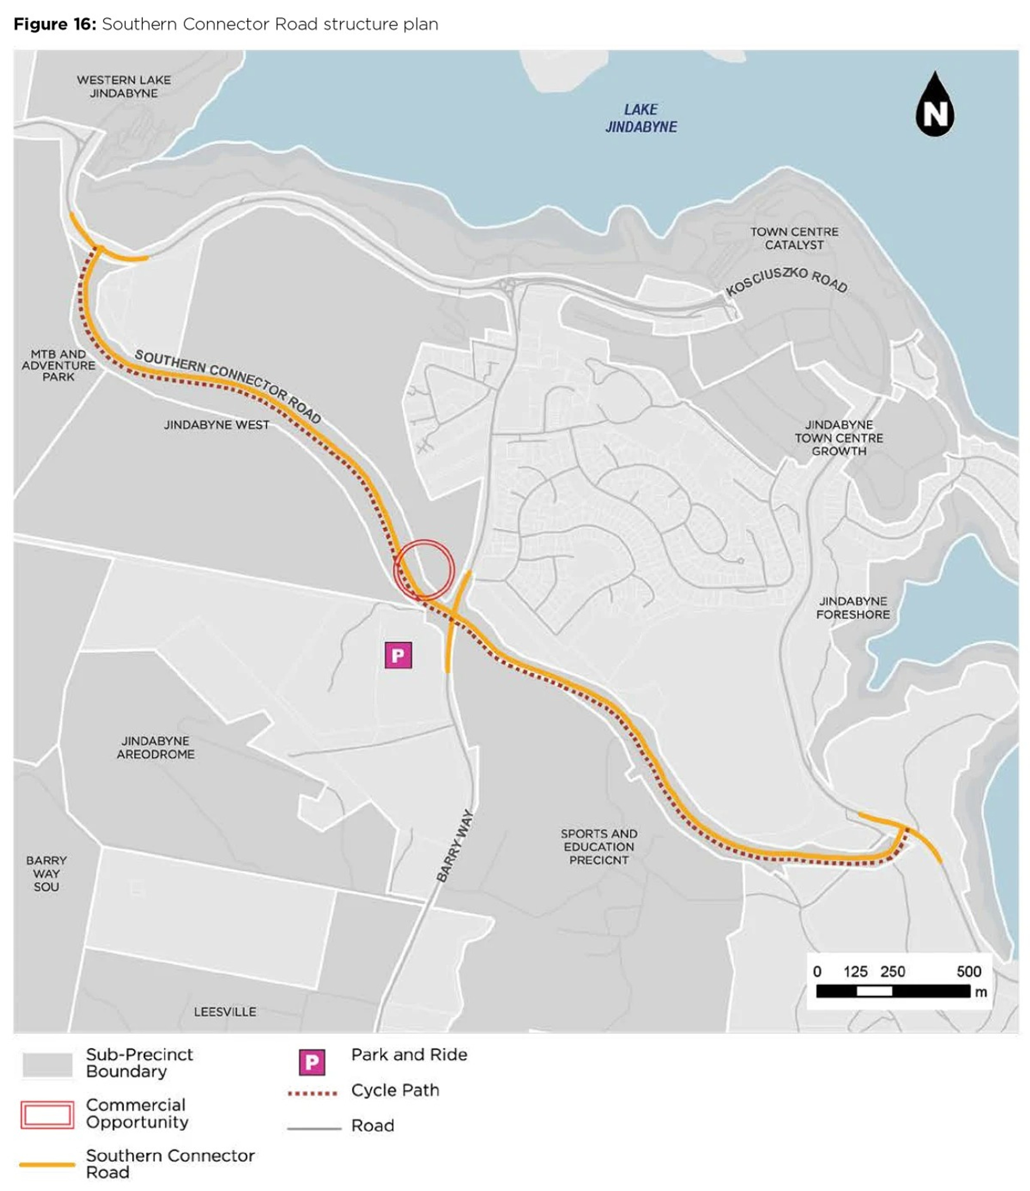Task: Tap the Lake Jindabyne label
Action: pyautogui.click(x=641, y=118)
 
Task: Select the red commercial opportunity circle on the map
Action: pyautogui.click(x=424, y=570)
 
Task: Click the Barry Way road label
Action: pyautogui.click(x=455, y=845)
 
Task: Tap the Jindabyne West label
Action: pyautogui.click(x=216, y=425)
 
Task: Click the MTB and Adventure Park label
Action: pyautogui.click(x=58, y=365)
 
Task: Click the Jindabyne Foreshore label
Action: pyautogui.click(x=852, y=608)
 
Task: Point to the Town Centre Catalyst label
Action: pyautogui.click(x=794, y=238)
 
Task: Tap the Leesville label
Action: pyautogui.click(x=225, y=1012)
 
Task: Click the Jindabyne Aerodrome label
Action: pyautogui.click(x=155, y=747)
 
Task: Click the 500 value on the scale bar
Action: pyautogui.click(x=969, y=971)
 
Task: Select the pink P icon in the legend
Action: pyautogui.click(x=311, y=1062)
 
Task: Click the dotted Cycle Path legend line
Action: pyautogui.click(x=312, y=1093)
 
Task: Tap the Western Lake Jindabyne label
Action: pyautogui.click(x=124, y=86)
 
